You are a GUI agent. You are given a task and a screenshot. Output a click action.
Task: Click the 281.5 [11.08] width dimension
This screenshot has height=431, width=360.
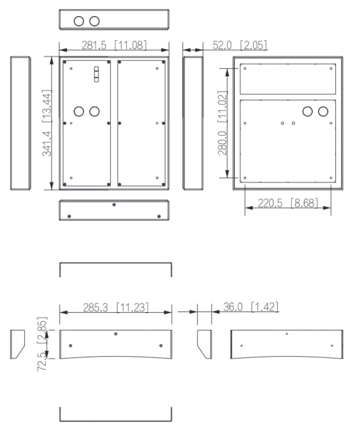pyautogui.click(x=114, y=45)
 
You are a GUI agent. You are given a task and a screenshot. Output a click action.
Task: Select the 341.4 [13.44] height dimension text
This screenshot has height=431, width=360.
pyautogui.click(x=47, y=123)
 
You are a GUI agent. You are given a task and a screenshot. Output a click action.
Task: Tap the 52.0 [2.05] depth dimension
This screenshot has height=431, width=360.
pyautogui.click(x=239, y=45)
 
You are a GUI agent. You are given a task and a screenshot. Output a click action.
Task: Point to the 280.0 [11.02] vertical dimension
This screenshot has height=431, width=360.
pyautogui.click(x=222, y=123)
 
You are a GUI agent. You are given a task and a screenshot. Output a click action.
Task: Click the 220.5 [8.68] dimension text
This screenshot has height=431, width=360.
pyautogui.click(x=288, y=203)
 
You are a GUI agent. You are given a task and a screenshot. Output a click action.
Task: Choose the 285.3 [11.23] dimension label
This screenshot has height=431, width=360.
pyautogui.click(x=115, y=307)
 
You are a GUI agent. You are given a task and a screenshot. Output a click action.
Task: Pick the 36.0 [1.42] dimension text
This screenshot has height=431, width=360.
pyautogui.click(x=251, y=307)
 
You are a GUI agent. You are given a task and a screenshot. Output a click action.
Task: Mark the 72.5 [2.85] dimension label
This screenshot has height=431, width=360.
pyautogui.click(x=42, y=344)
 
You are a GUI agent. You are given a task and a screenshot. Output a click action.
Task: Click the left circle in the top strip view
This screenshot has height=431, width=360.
pyautogui.click(x=79, y=21)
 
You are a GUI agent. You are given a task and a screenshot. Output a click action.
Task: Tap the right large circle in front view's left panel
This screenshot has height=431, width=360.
pyautogui.click(x=95, y=111)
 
